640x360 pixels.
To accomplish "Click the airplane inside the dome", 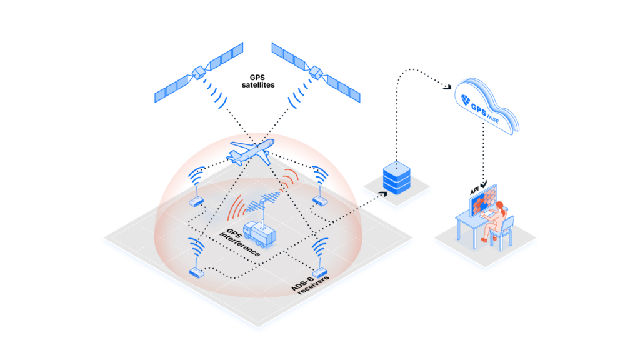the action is [251, 152].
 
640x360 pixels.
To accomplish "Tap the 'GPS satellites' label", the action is [258, 81].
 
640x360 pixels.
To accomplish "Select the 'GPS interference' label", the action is [240, 242].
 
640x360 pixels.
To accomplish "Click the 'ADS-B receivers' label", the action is [310, 284].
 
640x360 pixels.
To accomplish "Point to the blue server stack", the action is [397, 177].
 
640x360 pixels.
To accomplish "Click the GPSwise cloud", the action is [486, 106].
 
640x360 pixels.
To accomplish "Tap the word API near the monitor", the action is [474, 191].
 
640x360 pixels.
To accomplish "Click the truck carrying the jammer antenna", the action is [259, 235].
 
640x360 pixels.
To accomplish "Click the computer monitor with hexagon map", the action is [483, 201].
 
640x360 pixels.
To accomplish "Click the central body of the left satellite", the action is [199, 72].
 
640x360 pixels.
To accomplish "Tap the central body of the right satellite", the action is [316, 72].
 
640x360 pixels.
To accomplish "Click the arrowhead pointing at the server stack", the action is [383, 194].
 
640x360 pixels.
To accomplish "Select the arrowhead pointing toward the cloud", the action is [447, 86].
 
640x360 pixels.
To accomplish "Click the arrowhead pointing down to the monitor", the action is [484, 184].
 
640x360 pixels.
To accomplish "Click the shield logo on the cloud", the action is [465, 99].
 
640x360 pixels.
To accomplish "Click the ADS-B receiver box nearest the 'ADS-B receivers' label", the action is [319, 272].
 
